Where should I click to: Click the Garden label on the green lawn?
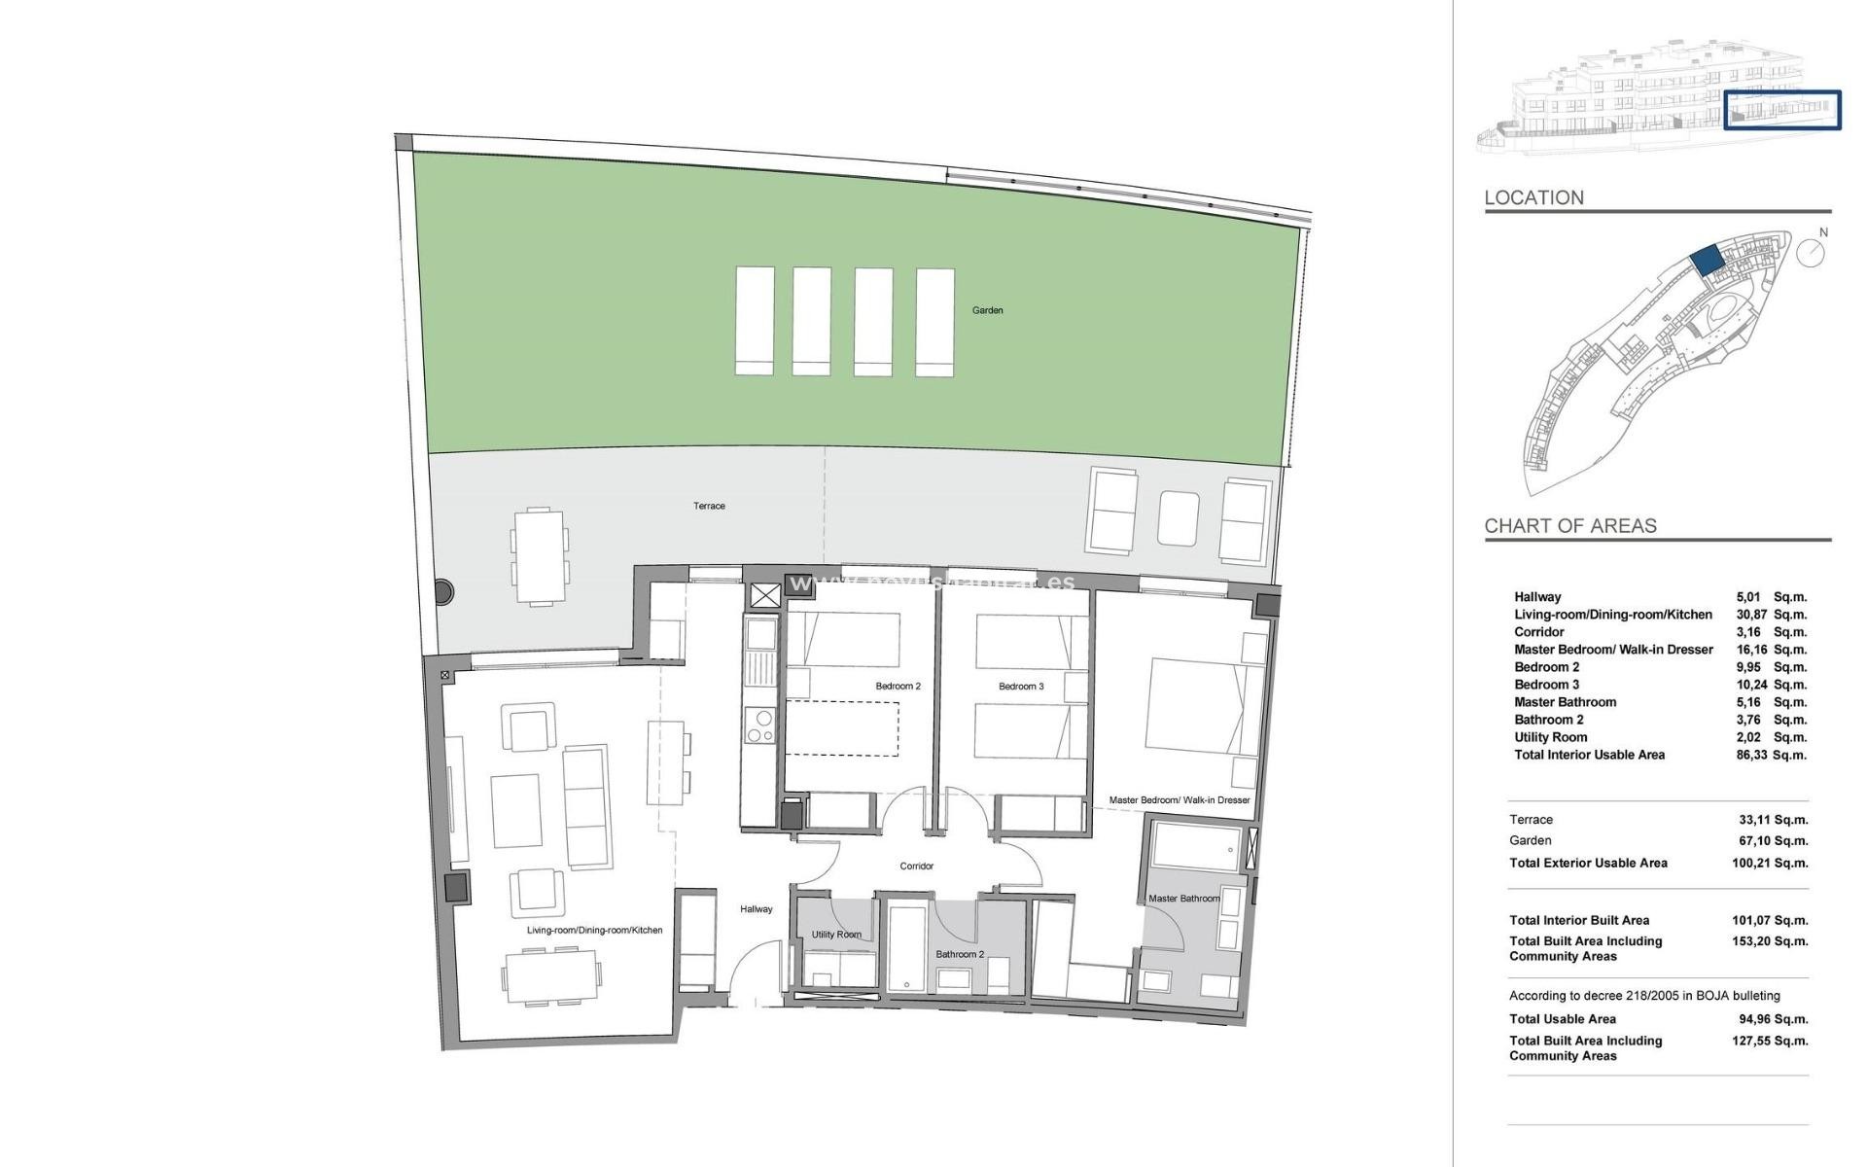click(987, 310)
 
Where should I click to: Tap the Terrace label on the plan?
click(709, 506)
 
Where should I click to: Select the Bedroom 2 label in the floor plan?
click(898, 687)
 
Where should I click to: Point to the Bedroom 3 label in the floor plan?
click(1021, 687)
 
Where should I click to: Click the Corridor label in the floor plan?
click(916, 866)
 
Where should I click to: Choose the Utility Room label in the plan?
click(836, 935)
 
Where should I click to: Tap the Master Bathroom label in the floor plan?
click(1183, 899)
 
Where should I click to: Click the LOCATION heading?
click(1533, 197)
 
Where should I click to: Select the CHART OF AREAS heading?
click(1569, 526)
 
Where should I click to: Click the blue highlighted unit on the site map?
click(1705, 260)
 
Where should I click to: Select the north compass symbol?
click(1811, 251)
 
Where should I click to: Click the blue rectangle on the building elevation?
click(1782, 110)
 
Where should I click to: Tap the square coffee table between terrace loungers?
click(1179, 518)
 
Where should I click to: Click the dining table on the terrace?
click(539, 555)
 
